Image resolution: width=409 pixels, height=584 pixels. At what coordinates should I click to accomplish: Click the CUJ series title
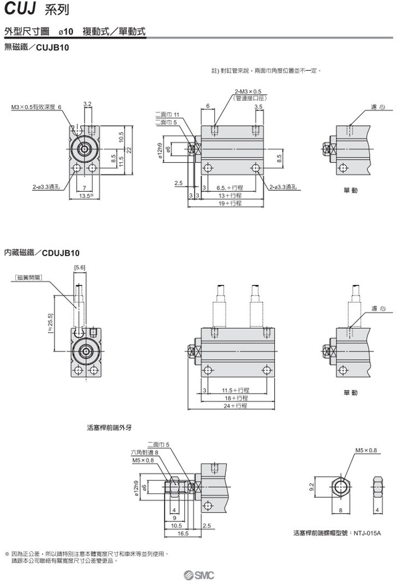click(29, 9)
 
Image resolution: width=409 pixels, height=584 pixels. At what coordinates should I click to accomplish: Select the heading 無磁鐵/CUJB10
click(37, 47)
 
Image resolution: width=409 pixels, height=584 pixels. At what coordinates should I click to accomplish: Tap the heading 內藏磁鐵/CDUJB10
click(42, 253)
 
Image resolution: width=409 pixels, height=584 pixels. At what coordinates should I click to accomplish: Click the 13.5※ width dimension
click(86, 195)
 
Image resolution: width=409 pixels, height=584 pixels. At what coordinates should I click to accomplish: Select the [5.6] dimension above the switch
click(79, 267)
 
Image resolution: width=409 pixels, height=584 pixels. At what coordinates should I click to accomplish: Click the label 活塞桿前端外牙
click(110, 428)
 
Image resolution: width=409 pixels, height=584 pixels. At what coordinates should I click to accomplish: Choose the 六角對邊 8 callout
click(144, 452)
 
